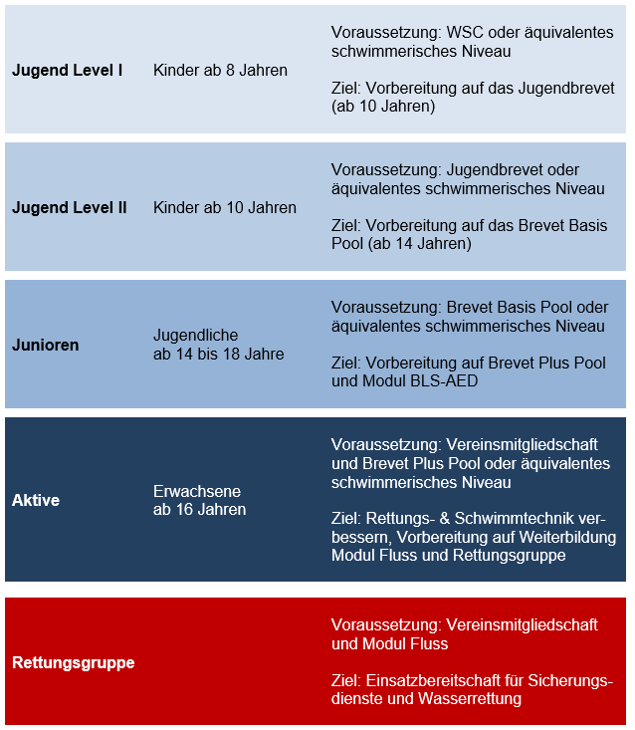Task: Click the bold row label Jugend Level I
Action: pyautogui.click(x=67, y=71)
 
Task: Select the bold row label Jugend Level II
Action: pyautogui.click(x=69, y=208)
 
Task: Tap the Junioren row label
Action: pyautogui.click(x=45, y=345)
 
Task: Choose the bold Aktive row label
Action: pyautogui.click(x=36, y=500)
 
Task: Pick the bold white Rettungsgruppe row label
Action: pyautogui.click(x=73, y=662)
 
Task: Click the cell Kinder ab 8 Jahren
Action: pyautogui.click(x=220, y=71)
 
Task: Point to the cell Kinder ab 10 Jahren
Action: pyautogui.click(x=224, y=208)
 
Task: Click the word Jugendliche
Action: pyautogui.click(x=195, y=336)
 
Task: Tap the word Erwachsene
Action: pyautogui.click(x=197, y=491)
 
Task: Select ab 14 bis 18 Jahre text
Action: pyautogui.click(x=218, y=354)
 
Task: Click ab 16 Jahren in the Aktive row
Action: pyautogui.click(x=199, y=509)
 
